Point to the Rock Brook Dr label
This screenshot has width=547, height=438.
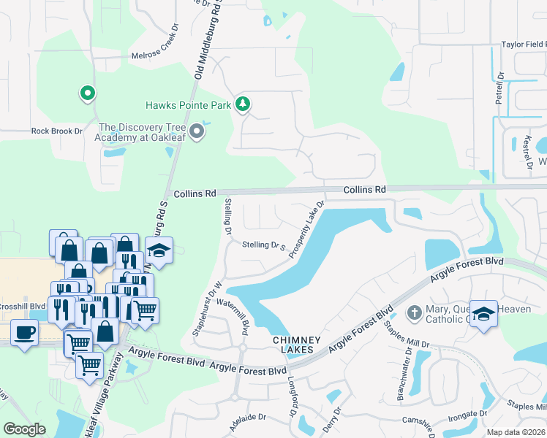(x=57, y=131)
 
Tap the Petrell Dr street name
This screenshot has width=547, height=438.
(x=501, y=85)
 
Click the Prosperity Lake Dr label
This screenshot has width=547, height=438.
(x=306, y=229)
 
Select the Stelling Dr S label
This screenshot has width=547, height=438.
(x=263, y=246)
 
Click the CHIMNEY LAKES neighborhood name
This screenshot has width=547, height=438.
(x=293, y=345)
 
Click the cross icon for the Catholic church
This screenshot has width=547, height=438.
(x=415, y=312)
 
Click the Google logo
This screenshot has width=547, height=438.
(x=24, y=429)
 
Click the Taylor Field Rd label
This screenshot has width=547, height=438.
(x=523, y=45)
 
